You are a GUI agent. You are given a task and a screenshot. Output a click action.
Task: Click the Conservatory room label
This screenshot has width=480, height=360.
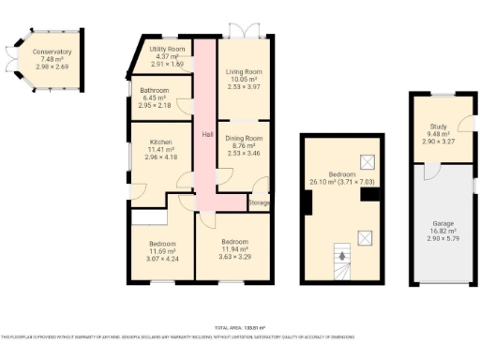(52, 52)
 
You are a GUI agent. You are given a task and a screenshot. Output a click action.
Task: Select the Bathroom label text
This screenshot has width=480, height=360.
(156, 90)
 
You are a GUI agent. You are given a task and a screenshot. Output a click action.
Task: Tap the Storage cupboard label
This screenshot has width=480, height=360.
(260, 202)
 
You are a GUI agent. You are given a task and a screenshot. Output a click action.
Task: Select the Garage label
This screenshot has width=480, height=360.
(442, 223)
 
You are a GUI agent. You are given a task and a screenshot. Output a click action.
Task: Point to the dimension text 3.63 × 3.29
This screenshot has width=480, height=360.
(234, 256)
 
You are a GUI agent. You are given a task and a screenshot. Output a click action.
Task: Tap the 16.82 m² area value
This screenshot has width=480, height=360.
(442, 231)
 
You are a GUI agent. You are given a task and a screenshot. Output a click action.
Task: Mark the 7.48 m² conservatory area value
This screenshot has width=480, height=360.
(51, 60)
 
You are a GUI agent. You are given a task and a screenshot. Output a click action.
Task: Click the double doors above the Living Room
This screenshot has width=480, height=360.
(246, 30)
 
